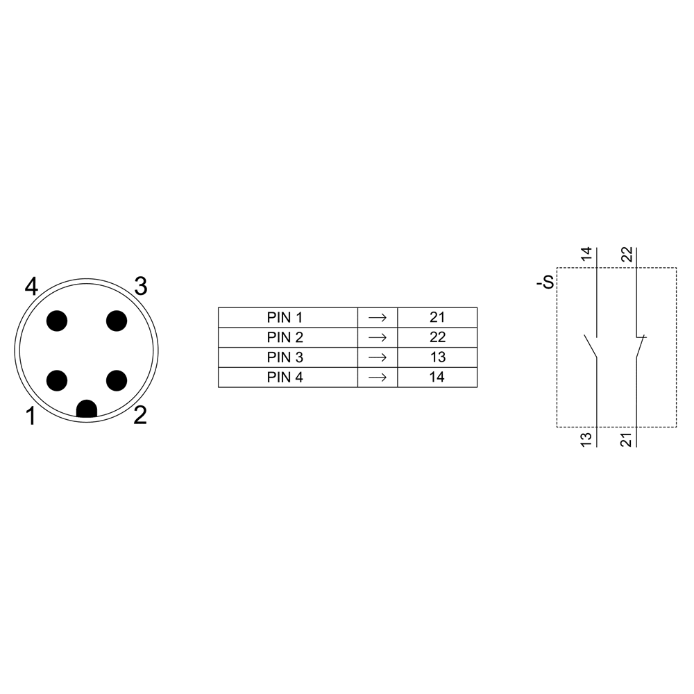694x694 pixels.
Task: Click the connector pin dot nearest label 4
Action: click(57, 321)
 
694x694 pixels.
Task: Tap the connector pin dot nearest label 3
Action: click(117, 321)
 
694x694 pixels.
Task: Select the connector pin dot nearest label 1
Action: click(57, 380)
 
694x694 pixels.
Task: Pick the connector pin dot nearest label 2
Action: click(117, 380)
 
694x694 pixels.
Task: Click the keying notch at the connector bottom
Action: click(87, 409)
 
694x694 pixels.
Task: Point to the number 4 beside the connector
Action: click(31, 287)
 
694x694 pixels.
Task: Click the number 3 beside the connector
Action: click(141, 287)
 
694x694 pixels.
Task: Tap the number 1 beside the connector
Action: click(31, 416)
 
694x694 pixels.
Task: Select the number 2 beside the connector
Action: click(140, 416)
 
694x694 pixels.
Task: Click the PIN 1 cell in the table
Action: click(288, 317)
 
